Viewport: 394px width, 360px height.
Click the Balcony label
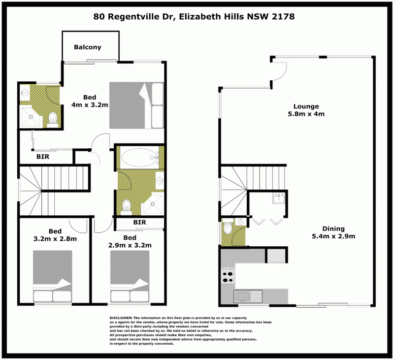88,47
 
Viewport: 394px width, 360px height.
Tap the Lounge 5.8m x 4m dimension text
306,114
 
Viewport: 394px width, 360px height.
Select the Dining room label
333,229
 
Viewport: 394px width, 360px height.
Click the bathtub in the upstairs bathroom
139,157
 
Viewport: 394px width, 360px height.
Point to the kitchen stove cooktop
228,276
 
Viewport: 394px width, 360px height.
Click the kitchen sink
248,296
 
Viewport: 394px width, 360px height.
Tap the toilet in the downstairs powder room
228,228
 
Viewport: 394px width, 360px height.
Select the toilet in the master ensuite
53,120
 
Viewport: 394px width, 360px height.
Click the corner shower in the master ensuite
31,116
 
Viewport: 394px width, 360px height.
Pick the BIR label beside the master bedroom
43,157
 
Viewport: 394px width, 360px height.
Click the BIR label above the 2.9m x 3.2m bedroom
139,222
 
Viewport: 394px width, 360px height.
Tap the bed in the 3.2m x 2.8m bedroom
53,276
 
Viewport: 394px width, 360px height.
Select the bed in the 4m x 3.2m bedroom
136,105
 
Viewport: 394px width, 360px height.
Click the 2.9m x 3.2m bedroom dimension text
130,245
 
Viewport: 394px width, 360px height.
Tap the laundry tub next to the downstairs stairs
279,198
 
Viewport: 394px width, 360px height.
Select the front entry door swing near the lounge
279,72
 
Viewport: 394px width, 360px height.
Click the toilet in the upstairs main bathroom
126,207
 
